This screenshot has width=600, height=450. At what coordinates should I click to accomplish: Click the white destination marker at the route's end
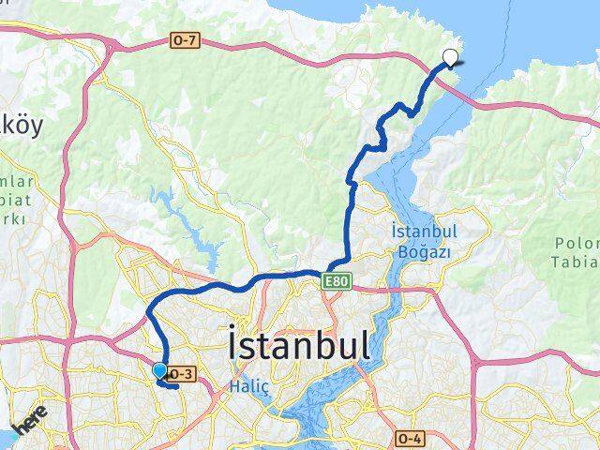point(451,57)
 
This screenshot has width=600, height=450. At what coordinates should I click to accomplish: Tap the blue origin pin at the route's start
point(159,372)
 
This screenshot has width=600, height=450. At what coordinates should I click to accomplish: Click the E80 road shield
point(338,279)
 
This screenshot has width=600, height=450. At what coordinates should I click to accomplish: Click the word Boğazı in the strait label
point(425,251)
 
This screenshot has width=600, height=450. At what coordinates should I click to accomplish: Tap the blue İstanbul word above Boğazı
point(425,232)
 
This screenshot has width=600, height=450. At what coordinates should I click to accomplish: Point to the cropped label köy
point(21,127)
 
